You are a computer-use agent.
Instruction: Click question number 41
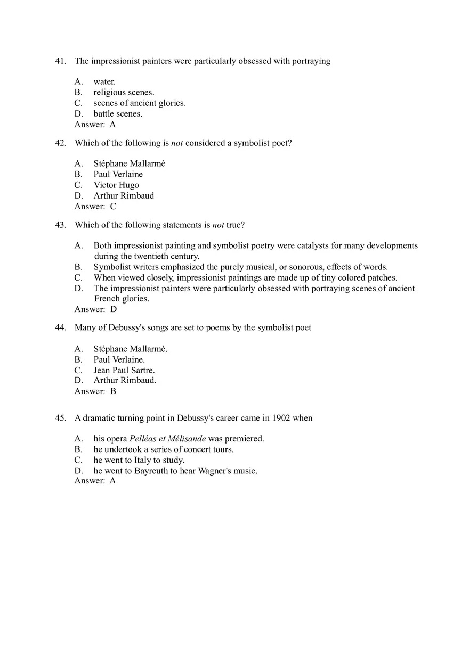(x=60, y=61)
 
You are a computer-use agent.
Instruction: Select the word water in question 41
(x=104, y=82)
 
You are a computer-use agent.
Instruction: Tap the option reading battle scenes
(x=118, y=113)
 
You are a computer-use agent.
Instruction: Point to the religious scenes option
(x=124, y=93)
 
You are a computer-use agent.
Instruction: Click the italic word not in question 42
(x=177, y=143)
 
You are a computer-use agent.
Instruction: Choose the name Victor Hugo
(x=116, y=185)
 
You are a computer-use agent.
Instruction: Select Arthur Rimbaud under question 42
(x=124, y=196)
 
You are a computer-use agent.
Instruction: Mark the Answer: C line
(x=95, y=207)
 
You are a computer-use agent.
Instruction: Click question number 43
(x=60, y=225)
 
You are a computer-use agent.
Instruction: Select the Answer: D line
(x=95, y=309)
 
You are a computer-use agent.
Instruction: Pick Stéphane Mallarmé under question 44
(x=130, y=349)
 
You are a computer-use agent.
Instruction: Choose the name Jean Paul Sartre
(x=124, y=370)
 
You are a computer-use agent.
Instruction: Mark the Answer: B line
(x=95, y=391)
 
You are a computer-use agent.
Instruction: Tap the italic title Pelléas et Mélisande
(x=167, y=439)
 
